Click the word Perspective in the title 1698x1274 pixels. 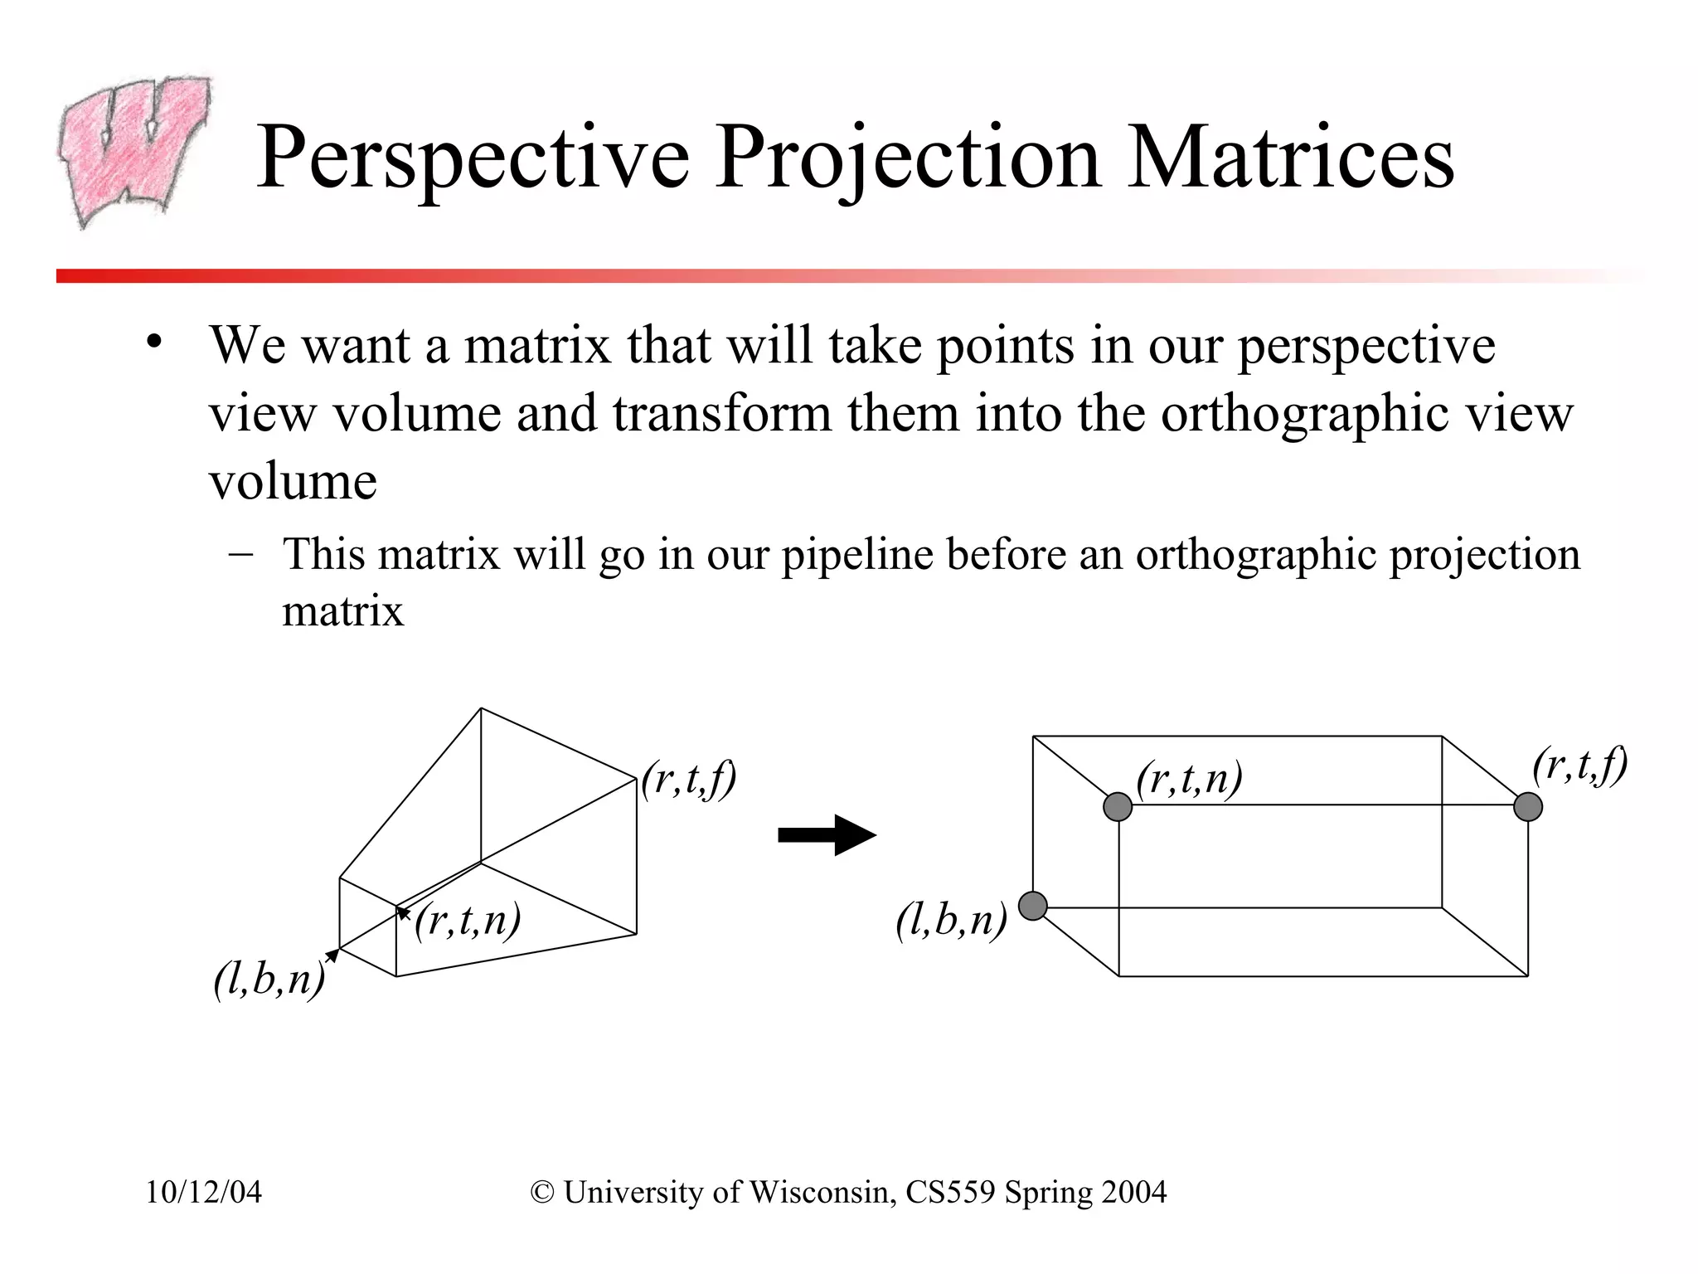click(473, 158)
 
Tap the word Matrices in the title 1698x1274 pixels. click(1290, 158)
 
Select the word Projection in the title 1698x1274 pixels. click(908, 158)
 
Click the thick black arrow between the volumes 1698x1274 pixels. click(827, 835)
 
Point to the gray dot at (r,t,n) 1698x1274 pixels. click(1118, 806)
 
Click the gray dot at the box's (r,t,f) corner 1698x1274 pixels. click(1528, 806)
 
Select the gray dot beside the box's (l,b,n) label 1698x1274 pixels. click(1033, 906)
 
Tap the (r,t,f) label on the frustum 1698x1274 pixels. click(689, 780)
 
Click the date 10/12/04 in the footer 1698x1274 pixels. click(204, 1192)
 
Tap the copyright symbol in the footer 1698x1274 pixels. click(542, 1192)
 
